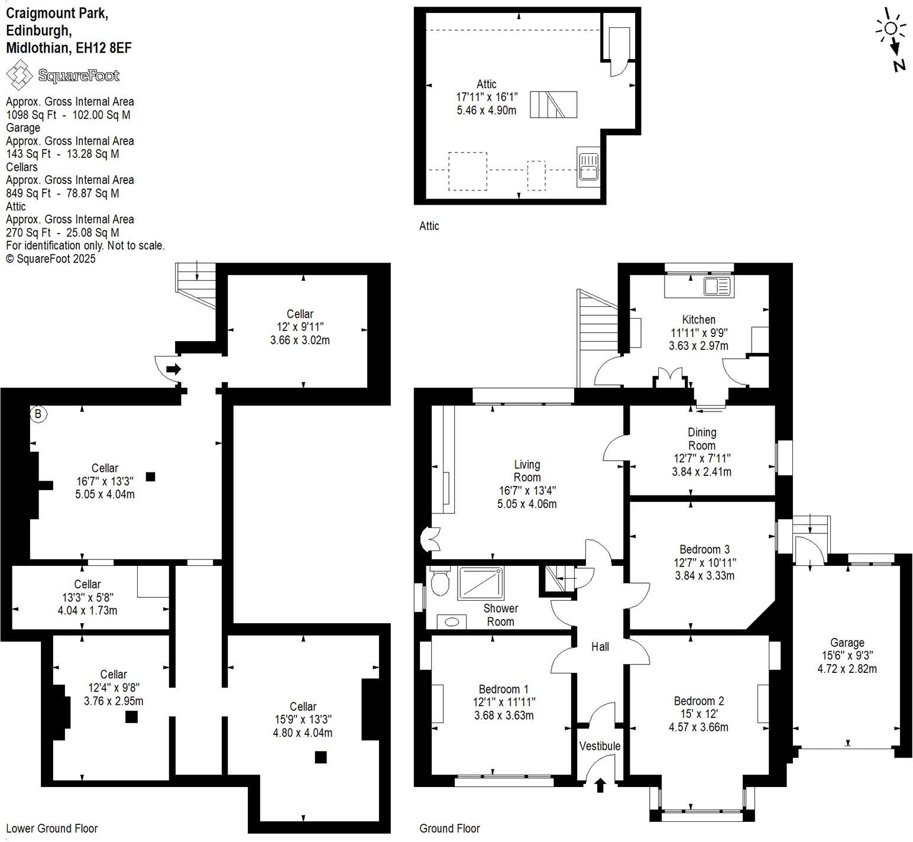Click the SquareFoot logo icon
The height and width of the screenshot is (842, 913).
(19, 76)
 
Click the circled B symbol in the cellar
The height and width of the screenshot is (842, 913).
(38, 414)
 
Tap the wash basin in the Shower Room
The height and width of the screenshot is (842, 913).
(452, 621)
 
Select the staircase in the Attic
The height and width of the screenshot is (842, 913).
(553, 105)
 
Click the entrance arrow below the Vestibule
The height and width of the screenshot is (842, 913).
(600, 785)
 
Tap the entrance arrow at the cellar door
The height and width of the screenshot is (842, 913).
(173, 370)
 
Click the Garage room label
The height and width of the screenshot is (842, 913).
(847, 643)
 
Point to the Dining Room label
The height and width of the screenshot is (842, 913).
(702, 439)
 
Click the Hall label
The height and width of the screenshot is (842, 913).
(600, 647)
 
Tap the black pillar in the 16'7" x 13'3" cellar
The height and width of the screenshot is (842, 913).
(151, 477)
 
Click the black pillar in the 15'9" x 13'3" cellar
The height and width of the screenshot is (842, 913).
(320, 757)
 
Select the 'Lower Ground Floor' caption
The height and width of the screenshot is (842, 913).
(52, 828)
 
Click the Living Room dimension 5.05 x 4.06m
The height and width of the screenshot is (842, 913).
(527, 504)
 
